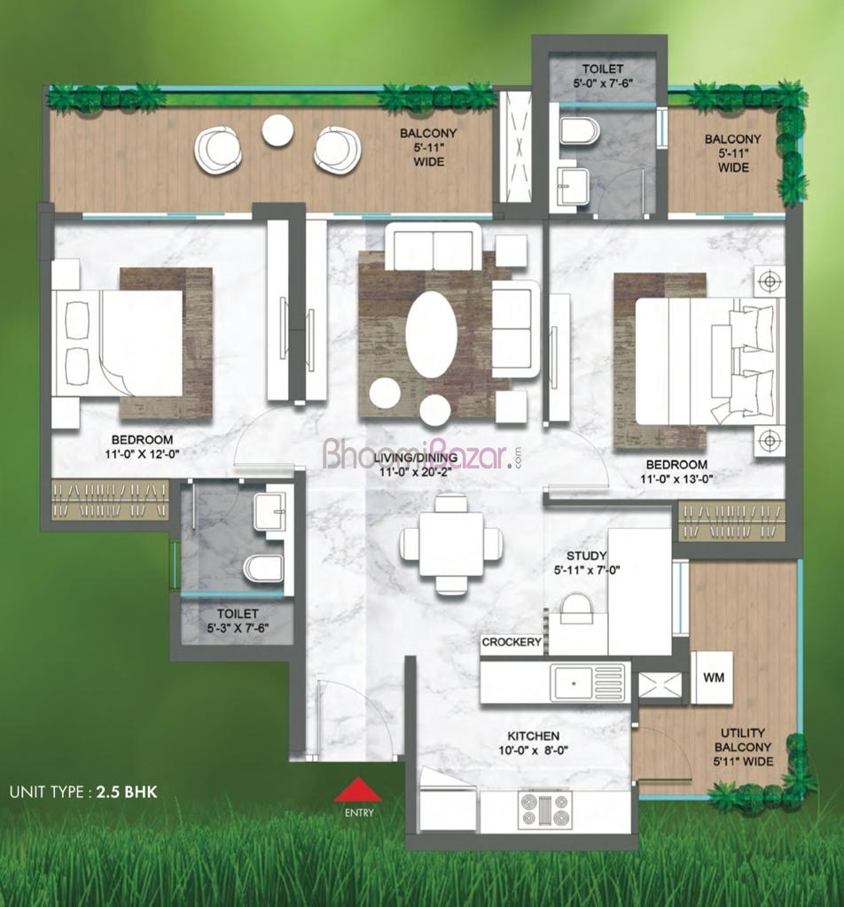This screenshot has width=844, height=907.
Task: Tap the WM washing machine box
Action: point(713,678)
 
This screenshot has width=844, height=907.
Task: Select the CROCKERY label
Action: point(512,642)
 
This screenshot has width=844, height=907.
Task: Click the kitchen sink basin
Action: point(573,683)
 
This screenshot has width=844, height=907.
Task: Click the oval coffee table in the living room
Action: point(431,335)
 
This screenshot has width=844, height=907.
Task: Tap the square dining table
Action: point(451,545)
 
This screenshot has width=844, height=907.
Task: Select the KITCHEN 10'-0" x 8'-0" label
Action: point(533,743)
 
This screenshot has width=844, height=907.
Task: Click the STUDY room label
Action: point(586,556)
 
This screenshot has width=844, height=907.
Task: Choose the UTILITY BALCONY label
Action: point(743,740)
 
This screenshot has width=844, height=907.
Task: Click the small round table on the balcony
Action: point(277,131)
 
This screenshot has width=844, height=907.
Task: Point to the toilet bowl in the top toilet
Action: point(579,131)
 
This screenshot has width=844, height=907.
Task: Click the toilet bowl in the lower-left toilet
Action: point(263,569)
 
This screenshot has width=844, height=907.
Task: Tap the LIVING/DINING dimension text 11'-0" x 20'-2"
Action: point(415,472)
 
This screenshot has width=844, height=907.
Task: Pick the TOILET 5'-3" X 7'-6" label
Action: point(238,621)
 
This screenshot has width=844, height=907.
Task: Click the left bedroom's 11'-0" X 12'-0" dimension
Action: point(142,454)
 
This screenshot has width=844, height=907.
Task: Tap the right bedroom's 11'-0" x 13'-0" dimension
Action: point(676,479)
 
